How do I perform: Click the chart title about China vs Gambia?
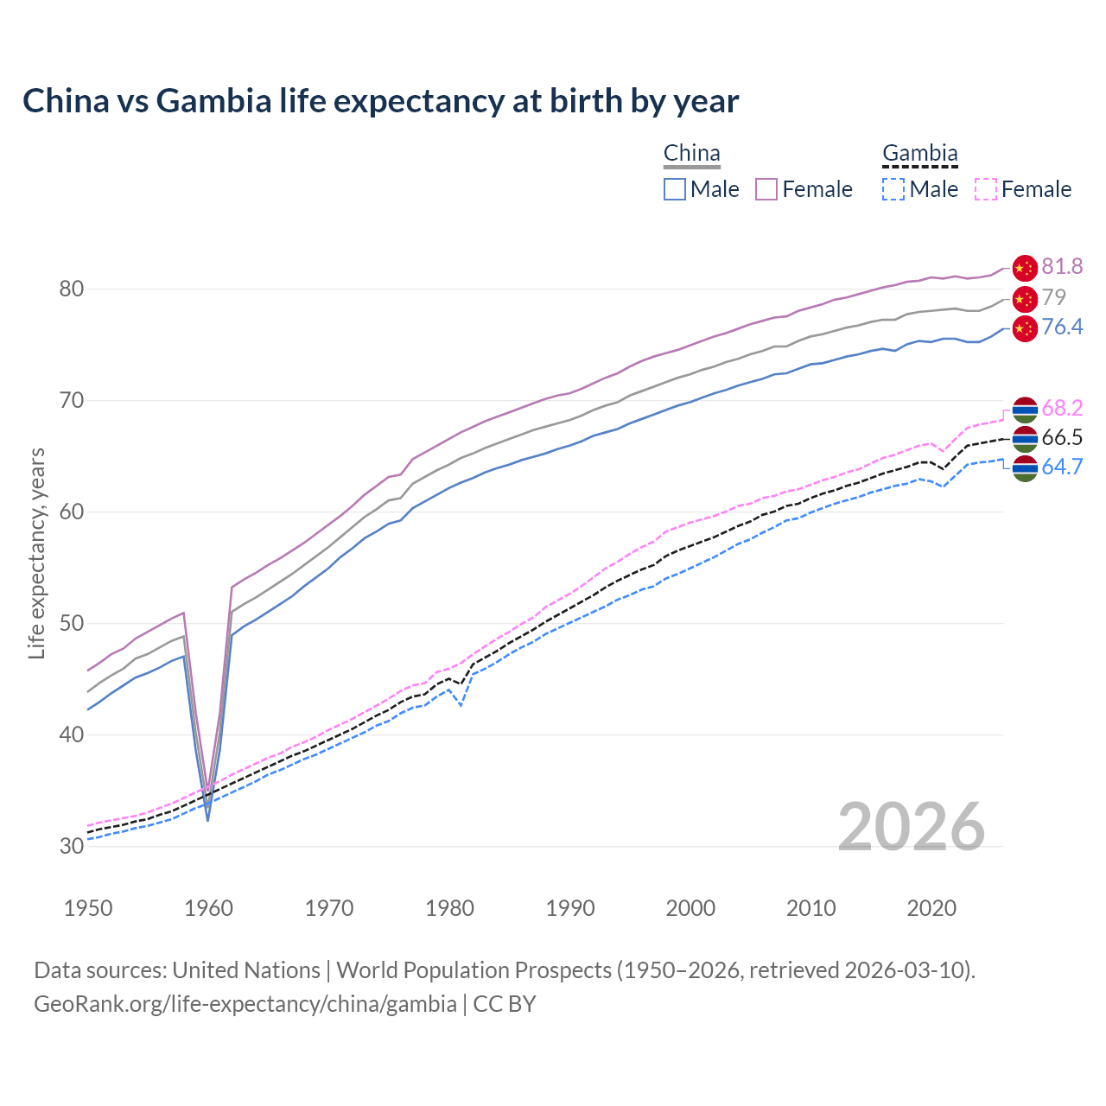pyautogui.click(x=380, y=101)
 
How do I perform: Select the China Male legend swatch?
pyautogui.click(x=675, y=189)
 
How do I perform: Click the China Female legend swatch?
pyautogui.click(x=766, y=189)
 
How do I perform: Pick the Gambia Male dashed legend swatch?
pyautogui.click(x=893, y=189)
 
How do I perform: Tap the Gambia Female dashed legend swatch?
pyautogui.click(x=986, y=189)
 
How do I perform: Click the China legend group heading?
pyautogui.click(x=691, y=154)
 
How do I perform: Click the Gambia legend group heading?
pyautogui.click(x=919, y=154)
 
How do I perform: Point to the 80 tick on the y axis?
pyautogui.click(x=72, y=289)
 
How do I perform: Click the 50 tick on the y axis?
pyautogui.click(x=72, y=623)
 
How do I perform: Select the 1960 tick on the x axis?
pyautogui.click(x=209, y=908)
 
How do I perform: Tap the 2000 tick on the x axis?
pyautogui.click(x=690, y=908)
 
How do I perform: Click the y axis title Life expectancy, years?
pyautogui.click(x=36, y=553)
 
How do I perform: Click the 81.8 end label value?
pyautogui.click(x=1062, y=267)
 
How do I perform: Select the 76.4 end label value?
pyautogui.click(x=1062, y=327)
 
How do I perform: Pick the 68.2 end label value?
pyautogui.click(x=1062, y=408)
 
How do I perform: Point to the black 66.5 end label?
pyautogui.click(x=1062, y=437)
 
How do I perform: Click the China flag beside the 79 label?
pyautogui.click(x=1025, y=299)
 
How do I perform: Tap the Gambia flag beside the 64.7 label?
pyautogui.click(x=1025, y=468)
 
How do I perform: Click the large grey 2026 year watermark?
pyautogui.click(x=912, y=827)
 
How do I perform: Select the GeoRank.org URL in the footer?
pyautogui.click(x=245, y=1004)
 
